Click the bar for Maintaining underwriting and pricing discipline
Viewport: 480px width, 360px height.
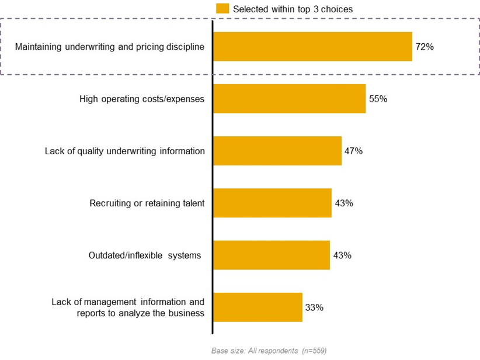coord(312,47)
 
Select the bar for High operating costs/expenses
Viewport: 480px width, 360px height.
coord(289,99)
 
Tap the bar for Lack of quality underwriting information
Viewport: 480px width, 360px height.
coord(277,151)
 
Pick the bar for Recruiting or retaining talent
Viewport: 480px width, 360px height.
coord(272,203)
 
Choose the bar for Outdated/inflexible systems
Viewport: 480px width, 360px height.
coord(272,255)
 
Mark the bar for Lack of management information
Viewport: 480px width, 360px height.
coord(258,307)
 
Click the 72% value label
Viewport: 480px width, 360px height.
coord(425,47)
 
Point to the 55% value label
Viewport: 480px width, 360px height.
coord(378,99)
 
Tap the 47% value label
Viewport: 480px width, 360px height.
coord(354,151)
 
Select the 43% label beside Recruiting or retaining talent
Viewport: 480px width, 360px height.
coord(344,203)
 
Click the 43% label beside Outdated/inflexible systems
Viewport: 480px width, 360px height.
coord(342,255)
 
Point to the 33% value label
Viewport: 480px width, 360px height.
coord(315,307)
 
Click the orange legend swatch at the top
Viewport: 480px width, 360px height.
coord(222,8)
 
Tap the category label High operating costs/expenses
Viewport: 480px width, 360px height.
coord(142,99)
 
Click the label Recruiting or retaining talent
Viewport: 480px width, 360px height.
coord(147,203)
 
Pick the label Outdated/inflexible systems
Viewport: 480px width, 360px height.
coord(145,255)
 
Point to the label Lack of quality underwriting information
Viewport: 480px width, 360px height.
coord(125,151)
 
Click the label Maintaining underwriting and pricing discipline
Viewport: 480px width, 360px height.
coord(110,47)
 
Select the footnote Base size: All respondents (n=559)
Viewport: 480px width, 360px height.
coord(269,351)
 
